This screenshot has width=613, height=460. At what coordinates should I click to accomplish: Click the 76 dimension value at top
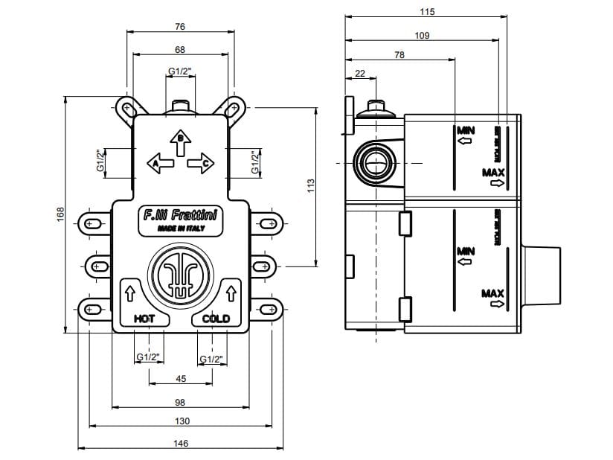[x=180, y=27]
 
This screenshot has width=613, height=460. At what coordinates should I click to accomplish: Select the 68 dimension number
[x=180, y=49]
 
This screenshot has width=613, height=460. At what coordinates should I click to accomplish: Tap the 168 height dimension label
[x=61, y=213]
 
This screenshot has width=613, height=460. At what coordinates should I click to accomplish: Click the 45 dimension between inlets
[x=180, y=379]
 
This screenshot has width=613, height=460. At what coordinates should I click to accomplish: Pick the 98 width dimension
[x=180, y=402]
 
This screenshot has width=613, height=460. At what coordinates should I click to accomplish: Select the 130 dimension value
[x=180, y=421]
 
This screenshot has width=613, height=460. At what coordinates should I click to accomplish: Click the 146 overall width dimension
[x=180, y=443]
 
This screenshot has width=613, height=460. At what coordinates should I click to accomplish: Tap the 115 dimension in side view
[x=426, y=12]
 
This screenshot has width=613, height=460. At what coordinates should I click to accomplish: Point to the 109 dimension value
[x=422, y=35]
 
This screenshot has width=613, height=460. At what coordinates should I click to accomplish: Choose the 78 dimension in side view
[x=399, y=55]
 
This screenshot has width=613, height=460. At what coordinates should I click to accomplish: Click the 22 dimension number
[x=360, y=73]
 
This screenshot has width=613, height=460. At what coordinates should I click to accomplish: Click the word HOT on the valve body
[x=144, y=319]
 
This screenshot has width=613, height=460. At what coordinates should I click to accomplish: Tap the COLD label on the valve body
[x=216, y=319]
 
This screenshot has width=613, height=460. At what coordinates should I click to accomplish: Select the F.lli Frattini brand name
[x=179, y=216]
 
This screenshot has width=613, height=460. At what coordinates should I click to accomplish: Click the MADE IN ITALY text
[x=179, y=229]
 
